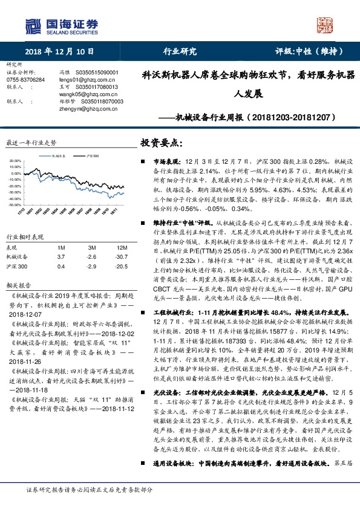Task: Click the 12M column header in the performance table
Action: tap(121, 248)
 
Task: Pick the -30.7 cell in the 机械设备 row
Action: tap(120, 256)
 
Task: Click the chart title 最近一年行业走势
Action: tap(31, 143)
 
